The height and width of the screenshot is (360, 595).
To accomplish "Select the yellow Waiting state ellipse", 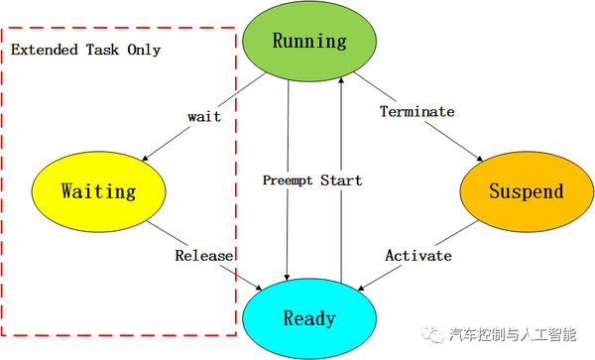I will [x=97, y=190].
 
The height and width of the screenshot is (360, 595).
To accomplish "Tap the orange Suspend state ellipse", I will [x=525, y=191].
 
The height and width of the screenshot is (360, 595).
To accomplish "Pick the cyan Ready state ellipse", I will [x=308, y=318].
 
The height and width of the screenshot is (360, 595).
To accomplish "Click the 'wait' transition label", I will [x=203, y=116].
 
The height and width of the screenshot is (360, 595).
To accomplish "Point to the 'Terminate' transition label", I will [x=416, y=111].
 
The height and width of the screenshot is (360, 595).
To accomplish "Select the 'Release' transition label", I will [x=204, y=255].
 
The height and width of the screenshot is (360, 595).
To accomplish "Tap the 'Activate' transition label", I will [x=417, y=255].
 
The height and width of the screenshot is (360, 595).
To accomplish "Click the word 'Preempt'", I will [x=288, y=180].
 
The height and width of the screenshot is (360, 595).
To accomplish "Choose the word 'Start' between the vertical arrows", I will [x=341, y=180].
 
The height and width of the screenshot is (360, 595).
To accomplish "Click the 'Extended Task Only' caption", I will [x=85, y=49].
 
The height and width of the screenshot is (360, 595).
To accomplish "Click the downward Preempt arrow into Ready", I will [x=287, y=228].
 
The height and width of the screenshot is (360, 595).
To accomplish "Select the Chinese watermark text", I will [x=513, y=335].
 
